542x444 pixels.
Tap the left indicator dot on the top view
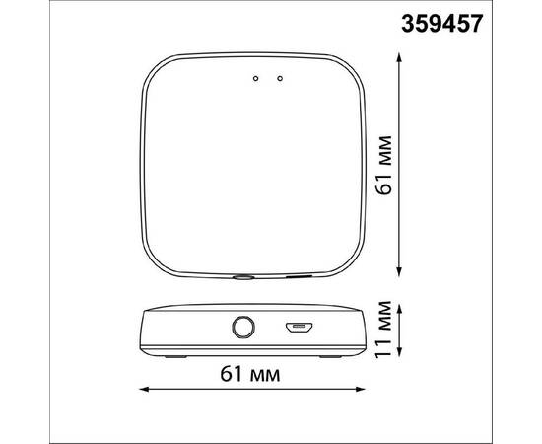(x=256, y=77)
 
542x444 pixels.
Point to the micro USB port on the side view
(x=297, y=327)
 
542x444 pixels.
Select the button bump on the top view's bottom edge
(x=242, y=278)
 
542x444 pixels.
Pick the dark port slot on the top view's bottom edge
(x=296, y=277)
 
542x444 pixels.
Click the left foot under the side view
(x=172, y=355)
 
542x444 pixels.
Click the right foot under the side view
(x=325, y=355)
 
